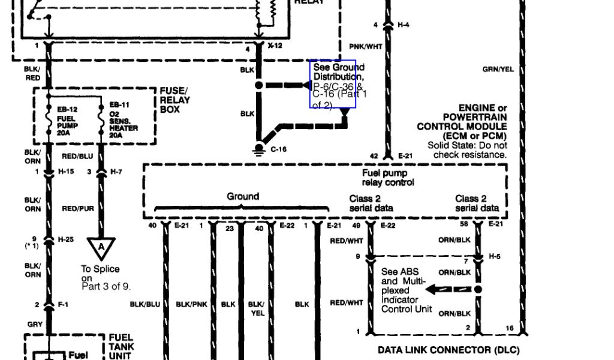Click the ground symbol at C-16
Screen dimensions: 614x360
tap(259, 148)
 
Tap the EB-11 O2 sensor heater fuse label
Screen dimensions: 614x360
tap(123, 121)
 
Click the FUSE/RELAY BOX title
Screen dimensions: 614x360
tap(174, 101)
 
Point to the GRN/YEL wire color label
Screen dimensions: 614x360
tap(498, 70)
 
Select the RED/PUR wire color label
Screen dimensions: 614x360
tap(77, 209)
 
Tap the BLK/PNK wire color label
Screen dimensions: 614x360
tap(191, 305)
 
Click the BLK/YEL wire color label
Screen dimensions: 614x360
tap(256, 308)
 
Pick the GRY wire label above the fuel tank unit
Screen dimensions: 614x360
tap(34, 325)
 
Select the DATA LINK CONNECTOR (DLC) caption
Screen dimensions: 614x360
tap(449, 350)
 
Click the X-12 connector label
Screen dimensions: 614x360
tap(275, 46)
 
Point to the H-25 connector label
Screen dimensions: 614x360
tap(65, 239)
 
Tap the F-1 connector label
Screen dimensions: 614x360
tap(63, 305)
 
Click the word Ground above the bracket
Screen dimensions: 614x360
tap(243, 196)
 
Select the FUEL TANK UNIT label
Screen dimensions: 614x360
tap(121, 347)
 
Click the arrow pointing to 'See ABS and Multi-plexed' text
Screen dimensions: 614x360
tap(437, 290)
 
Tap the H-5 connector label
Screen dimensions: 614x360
tap(494, 257)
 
